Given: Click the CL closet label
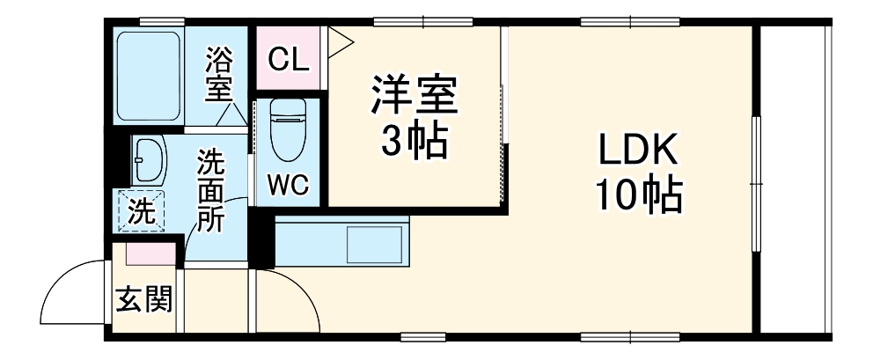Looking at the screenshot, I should pos(288,60).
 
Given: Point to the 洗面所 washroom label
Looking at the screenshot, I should pos(210,189).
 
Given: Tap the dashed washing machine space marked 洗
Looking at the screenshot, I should pos(140,211).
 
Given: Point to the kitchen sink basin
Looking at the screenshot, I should pos(376,242).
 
